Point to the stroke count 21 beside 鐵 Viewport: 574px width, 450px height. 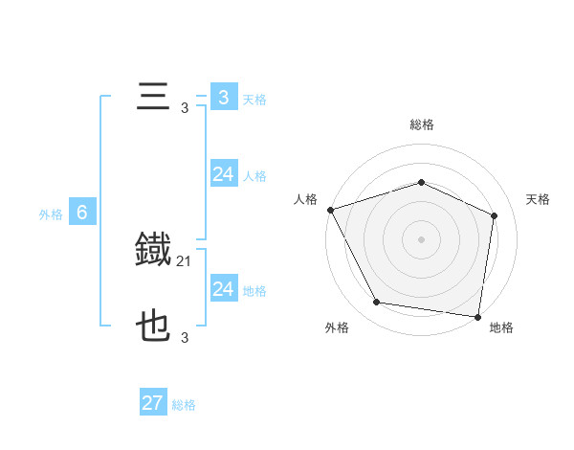coord(184,260)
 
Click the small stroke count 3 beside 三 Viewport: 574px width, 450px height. coord(185,108)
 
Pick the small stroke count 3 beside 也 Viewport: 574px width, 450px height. coord(185,338)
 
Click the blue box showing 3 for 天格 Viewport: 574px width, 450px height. coord(223,98)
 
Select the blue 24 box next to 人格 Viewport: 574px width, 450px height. coord(223,174)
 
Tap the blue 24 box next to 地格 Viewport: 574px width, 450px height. coord(223,289)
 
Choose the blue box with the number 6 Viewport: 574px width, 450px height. coord(82,213)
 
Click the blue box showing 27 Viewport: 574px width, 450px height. coord(153,403)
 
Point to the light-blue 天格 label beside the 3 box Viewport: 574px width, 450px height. coord(254,99)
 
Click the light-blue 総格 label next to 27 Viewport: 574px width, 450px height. coord(184,405)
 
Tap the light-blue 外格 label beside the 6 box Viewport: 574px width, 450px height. coord(51,214)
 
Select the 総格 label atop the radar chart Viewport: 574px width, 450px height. coord(422,124)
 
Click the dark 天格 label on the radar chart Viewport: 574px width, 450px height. coord(538,199)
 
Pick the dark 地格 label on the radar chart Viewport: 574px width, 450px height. coord(501,327)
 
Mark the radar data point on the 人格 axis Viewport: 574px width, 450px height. coord(330,210)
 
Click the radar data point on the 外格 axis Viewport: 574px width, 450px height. coord(377,303)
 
